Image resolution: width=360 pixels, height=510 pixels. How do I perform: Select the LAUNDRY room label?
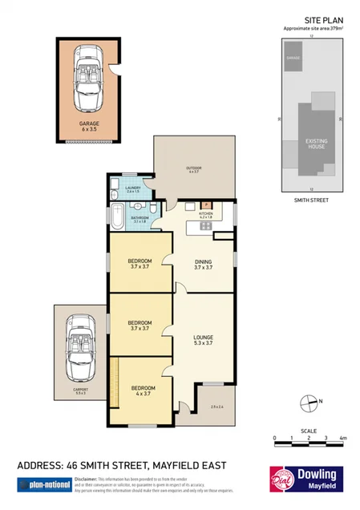(132, 189)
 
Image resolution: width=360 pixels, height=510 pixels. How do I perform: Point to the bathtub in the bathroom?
(118, 217)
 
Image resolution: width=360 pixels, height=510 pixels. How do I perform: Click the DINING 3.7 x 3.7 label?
(204, 265)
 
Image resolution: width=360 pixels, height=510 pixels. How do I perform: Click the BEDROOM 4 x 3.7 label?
(143, 391)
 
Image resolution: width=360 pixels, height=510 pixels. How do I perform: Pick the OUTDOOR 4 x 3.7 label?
(194, 169)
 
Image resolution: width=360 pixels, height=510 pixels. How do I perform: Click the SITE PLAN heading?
(323, 19)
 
